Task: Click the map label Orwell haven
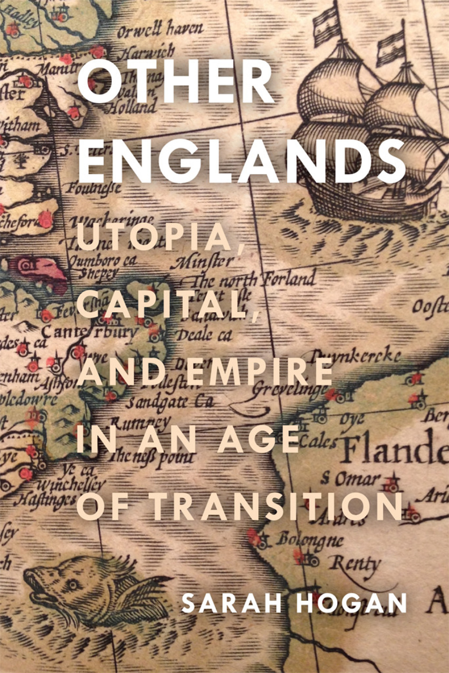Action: point(160,29)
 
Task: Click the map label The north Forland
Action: point(254,280)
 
